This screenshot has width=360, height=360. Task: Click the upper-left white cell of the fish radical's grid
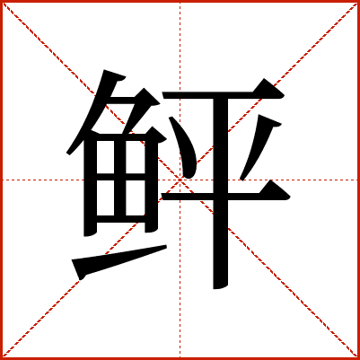coord(105,157)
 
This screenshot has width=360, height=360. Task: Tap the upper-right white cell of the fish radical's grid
coord(136,157)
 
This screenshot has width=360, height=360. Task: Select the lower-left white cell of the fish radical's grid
coord(105,198)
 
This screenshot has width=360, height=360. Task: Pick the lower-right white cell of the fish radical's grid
coord(136,198)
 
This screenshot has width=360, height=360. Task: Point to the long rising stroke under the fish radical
coord(119,261)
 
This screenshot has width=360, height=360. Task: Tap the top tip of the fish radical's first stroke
coord(104,71)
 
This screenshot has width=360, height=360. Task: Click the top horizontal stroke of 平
coord(224,93)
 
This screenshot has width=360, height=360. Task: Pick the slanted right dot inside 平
coord(259,147)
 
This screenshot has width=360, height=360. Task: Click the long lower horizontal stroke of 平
coord(225,195)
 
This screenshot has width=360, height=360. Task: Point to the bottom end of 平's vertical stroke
coord(221,288)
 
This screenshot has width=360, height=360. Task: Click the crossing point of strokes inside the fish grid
coord(120,177)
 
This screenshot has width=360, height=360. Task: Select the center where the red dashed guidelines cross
coord(180,180)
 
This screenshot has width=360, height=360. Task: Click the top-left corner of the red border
coord(1,1)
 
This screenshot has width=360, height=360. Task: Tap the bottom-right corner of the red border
coord(358,358)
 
